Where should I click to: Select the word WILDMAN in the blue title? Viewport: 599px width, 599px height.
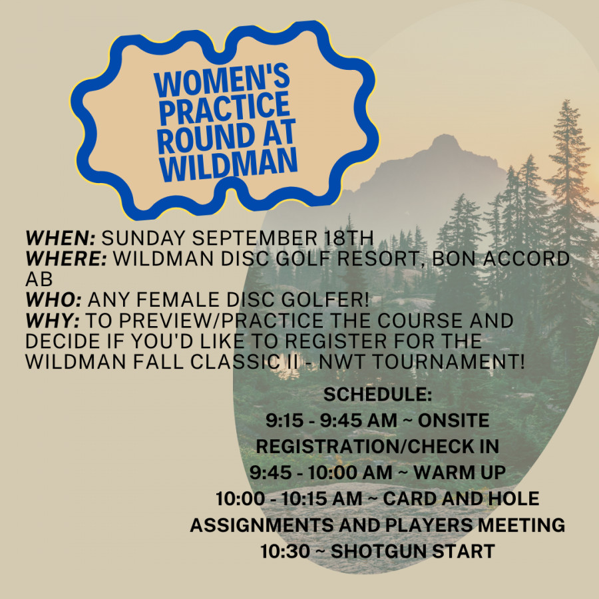click(228, 164)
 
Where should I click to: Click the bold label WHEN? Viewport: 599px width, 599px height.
click(61, 238)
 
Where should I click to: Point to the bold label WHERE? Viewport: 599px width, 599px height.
click(67, 259)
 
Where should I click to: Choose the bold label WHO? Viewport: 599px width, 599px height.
click(54, 300)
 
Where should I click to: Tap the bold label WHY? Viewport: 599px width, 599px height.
click(53, 321)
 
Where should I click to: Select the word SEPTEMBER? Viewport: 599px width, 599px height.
click(254, 238)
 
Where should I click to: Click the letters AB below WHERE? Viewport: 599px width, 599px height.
click(39, 280)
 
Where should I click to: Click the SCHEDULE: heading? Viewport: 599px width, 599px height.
click(377, 394)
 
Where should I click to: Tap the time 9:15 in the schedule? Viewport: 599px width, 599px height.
click(283, 421)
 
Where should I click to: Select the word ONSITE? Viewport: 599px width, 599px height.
click(454, 421)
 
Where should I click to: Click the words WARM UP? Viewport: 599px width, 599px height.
click(459, 473)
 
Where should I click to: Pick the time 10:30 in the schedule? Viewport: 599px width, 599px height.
click(285, 551)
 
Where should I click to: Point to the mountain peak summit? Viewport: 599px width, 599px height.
click(445, 135)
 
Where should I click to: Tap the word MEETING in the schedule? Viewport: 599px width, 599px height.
click(521, 525)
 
